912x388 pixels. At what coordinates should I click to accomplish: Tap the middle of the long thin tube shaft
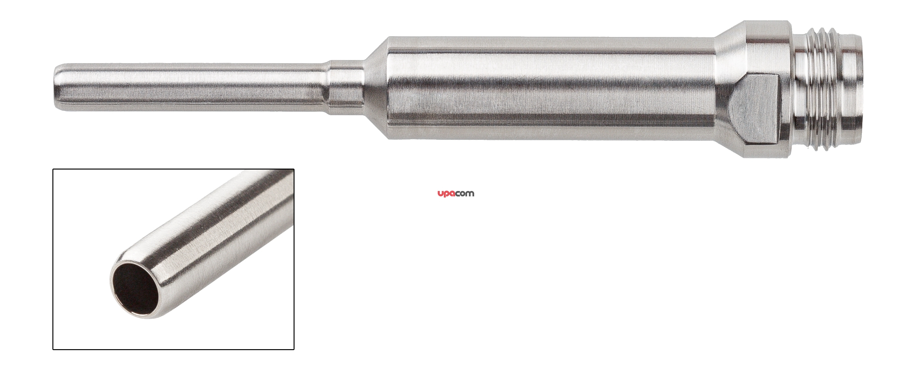pos(191,87)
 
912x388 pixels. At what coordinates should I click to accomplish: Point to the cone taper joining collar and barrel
pos(376,87)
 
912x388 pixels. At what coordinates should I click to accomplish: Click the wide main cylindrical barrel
pos(552,87)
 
